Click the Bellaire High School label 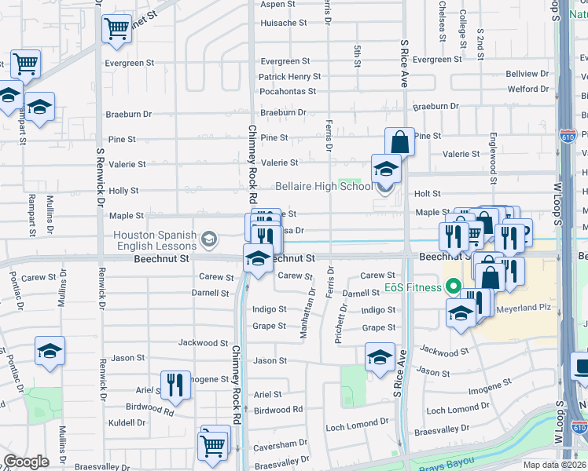click(x=323, y=187)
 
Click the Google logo click(x=26, y=462)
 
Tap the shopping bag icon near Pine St click(x=399, y=143)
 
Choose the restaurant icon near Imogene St click(x=175, y=385)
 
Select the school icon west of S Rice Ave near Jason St click(x=380, y=357)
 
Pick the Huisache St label click(x=284, y=23)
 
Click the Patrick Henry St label click(x=290, y=77)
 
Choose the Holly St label click(x=123, y=191)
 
